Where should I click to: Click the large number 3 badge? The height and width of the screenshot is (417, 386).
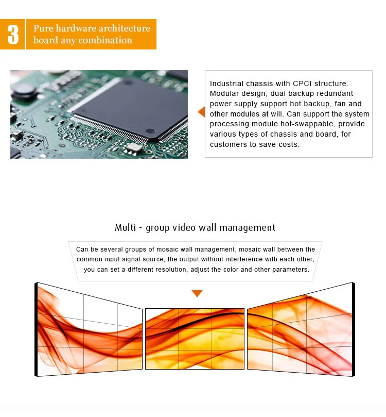click(13, 35)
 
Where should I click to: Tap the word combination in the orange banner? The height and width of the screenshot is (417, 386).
click(108, 40)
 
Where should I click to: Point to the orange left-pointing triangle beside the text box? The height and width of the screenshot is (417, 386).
click(201, 112)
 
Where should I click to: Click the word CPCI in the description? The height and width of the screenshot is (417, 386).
click(301, 83)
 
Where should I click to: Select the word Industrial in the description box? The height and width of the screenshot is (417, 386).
click(227, 83)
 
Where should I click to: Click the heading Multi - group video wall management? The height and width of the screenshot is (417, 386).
click(195, 228)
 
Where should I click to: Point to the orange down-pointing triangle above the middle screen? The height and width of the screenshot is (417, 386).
click(197, 294)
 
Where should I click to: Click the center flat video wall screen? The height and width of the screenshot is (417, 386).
click(195, 339)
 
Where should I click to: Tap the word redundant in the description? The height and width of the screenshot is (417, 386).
click(336, 93)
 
